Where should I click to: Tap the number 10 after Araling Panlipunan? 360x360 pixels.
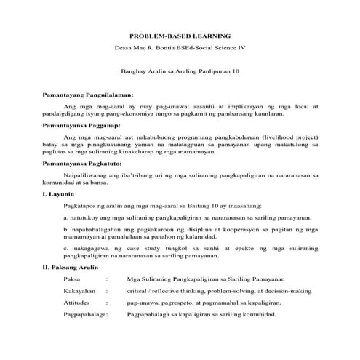point(235,71)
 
